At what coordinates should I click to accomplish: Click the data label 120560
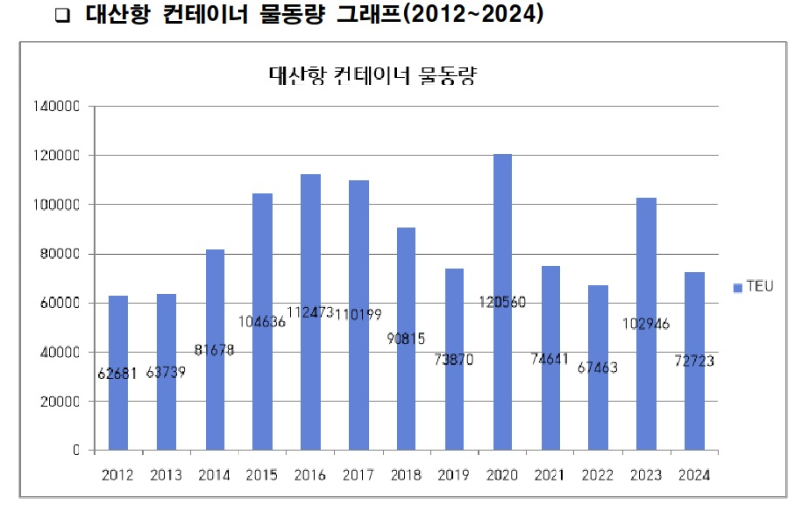pos(503,302)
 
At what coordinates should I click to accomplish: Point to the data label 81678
pos(215,350)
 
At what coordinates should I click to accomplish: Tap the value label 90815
pos(405,338)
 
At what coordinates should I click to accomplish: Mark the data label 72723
pos(695,361)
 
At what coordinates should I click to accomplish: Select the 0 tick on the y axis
pos(77,450)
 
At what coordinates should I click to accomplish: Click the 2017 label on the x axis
pos(359,475)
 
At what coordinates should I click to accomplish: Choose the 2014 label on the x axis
pos(215,475)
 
